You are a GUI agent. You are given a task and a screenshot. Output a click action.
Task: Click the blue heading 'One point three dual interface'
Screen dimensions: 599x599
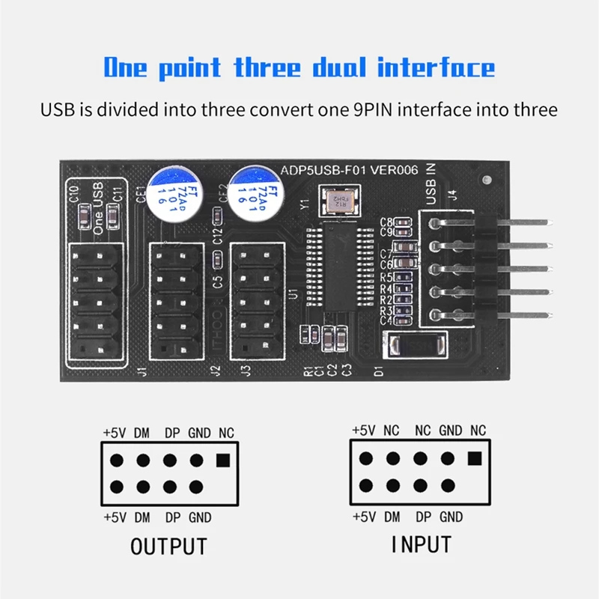point(299,67)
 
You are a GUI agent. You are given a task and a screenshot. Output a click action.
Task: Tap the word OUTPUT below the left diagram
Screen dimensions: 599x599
point(168,547)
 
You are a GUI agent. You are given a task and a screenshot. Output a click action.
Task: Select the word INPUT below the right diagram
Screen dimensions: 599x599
point(422,545)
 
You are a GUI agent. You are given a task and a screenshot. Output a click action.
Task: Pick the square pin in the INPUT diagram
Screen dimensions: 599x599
point(474,458)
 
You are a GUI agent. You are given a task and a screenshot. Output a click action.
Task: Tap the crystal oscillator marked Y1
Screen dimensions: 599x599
point(339,201)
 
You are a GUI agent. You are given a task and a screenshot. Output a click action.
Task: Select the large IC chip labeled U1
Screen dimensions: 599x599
point(343,273)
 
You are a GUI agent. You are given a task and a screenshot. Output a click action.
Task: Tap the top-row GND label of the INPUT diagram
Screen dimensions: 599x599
point(450,431)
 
